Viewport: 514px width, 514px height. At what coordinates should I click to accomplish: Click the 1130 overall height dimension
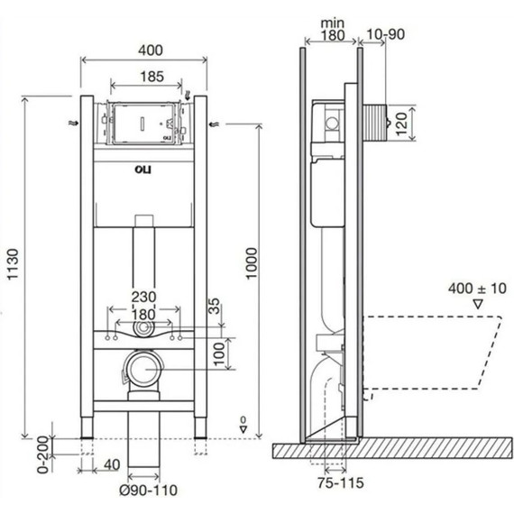14,264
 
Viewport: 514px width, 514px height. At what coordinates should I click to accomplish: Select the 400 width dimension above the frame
151,50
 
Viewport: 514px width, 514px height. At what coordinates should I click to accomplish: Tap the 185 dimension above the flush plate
152,77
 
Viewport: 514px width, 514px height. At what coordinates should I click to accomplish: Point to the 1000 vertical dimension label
252,263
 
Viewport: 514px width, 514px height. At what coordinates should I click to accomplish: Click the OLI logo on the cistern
143,170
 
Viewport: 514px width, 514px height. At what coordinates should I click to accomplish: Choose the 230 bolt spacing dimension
144,298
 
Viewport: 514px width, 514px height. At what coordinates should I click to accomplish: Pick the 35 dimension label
214,306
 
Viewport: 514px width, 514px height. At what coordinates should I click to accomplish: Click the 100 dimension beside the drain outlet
219,354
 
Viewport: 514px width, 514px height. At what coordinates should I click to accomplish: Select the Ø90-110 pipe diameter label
148,491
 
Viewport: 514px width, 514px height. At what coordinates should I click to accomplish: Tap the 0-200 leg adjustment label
43,454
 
